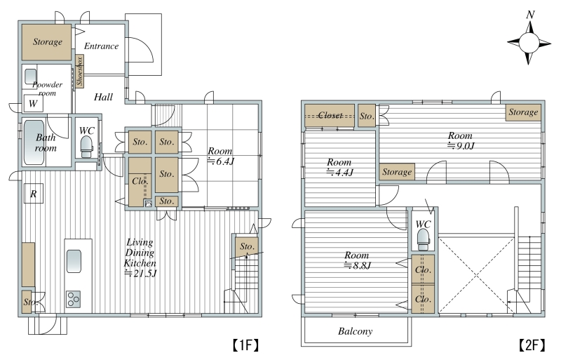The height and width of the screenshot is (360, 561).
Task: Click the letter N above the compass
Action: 531,15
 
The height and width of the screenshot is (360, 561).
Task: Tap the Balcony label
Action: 355,331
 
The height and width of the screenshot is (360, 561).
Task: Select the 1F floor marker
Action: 245,345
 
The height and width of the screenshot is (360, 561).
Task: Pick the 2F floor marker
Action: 532,345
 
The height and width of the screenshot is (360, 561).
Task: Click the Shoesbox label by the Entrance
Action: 79,71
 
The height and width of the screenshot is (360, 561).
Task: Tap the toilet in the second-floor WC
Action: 423,239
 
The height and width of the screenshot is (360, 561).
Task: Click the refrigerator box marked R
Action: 33,194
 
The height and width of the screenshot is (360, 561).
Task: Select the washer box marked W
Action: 33,104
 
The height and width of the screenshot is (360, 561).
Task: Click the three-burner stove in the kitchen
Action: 74,299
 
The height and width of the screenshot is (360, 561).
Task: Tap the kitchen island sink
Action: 74,261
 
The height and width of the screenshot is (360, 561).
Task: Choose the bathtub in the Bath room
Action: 34,142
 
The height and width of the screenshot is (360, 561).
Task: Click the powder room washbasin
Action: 30,76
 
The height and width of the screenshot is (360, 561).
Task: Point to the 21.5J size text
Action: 141,273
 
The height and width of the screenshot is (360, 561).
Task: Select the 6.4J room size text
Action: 221,161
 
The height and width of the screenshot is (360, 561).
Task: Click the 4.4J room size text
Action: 340,173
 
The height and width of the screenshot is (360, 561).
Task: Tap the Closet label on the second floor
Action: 330,115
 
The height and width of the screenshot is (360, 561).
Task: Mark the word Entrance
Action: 101,46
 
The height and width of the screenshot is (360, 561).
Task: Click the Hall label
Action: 103,97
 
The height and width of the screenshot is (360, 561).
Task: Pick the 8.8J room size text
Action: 358,265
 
